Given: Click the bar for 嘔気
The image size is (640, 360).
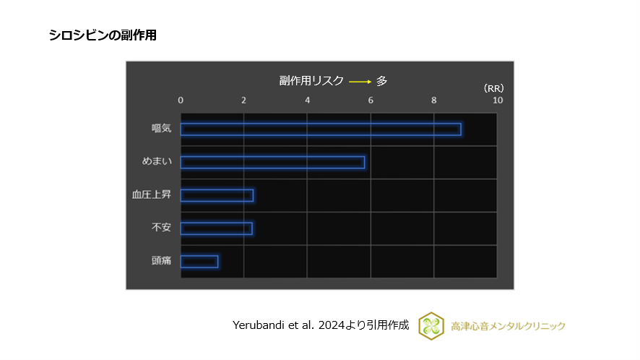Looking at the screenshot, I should [321, 129].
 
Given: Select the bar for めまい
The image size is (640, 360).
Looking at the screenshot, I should [272, 163].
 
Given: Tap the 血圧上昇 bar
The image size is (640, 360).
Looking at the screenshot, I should [217, 195].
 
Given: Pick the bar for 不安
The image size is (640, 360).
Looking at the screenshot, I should [216, 228].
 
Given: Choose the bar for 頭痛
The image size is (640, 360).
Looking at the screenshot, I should [199, 262].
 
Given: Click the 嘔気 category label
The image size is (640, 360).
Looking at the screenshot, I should [161, 129].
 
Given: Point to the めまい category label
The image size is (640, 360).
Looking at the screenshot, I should [157, 162].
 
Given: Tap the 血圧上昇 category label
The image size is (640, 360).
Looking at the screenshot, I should [152, 195].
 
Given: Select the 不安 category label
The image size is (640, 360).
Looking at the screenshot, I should [161, 228].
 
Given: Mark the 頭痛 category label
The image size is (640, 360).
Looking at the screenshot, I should [161, 261].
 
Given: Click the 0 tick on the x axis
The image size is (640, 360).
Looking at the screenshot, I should [181, 100].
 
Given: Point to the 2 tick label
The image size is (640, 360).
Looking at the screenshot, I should [244, 100].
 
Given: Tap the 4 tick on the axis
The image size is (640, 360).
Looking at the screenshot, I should [308, 100].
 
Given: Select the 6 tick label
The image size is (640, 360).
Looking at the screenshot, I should [371, 100].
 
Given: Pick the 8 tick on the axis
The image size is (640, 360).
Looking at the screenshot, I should [434, 100].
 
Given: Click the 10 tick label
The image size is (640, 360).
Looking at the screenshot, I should [497, 100].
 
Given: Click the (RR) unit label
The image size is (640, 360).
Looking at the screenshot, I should [493, 88].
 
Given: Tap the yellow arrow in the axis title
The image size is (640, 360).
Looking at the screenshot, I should [360, 82].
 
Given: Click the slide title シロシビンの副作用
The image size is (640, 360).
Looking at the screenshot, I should [103, 35].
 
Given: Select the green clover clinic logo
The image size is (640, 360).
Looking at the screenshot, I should [431, 325].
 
